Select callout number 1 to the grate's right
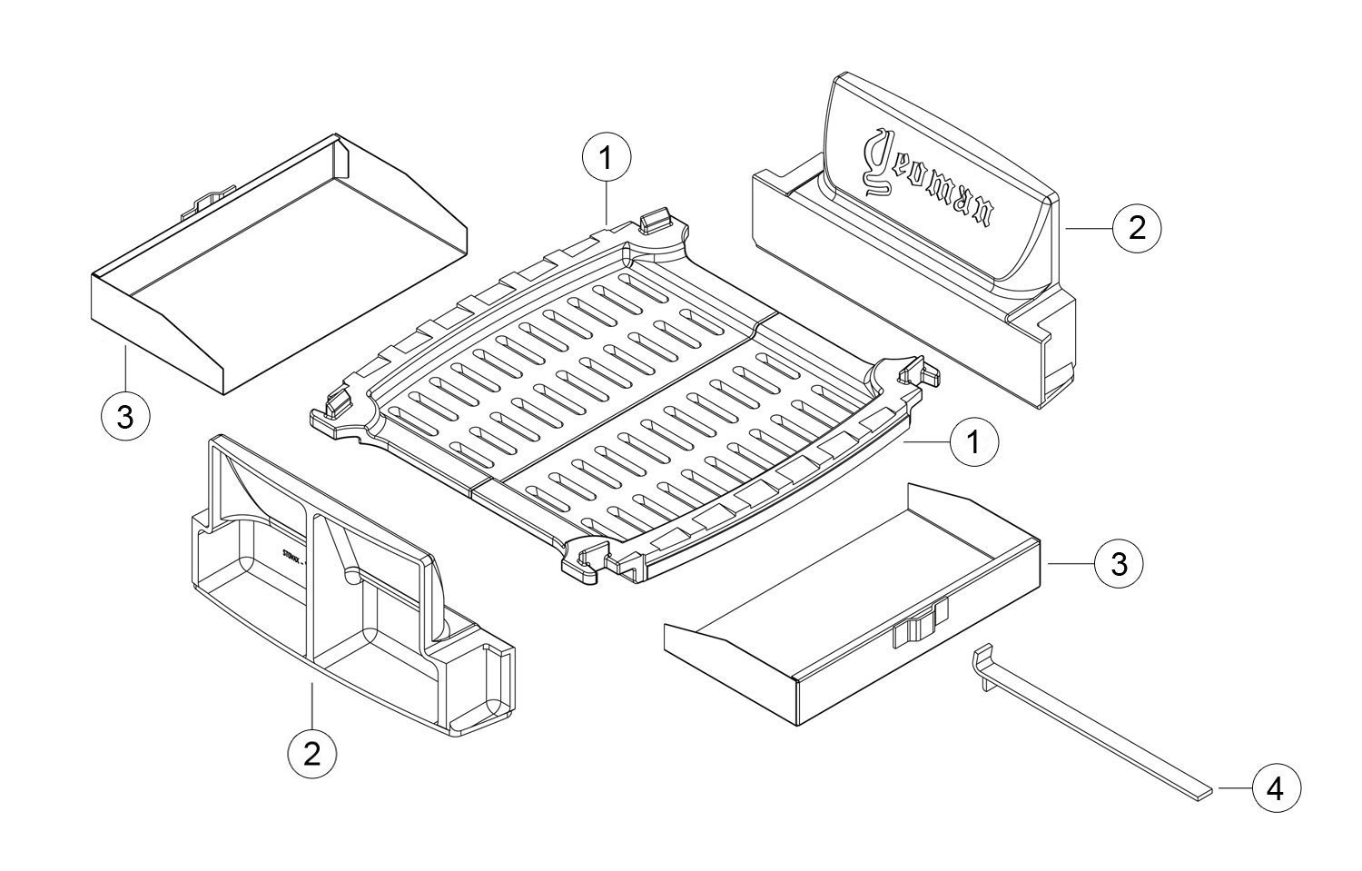[974, 442]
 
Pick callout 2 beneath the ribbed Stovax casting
[311, 753]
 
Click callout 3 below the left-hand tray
[125, 418]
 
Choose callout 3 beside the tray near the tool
[1119, 564]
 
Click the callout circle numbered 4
[1275, 789]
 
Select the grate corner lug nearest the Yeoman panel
[915, 374]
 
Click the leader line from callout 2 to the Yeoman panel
[1089, 229]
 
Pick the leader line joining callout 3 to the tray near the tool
[1071, 564]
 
